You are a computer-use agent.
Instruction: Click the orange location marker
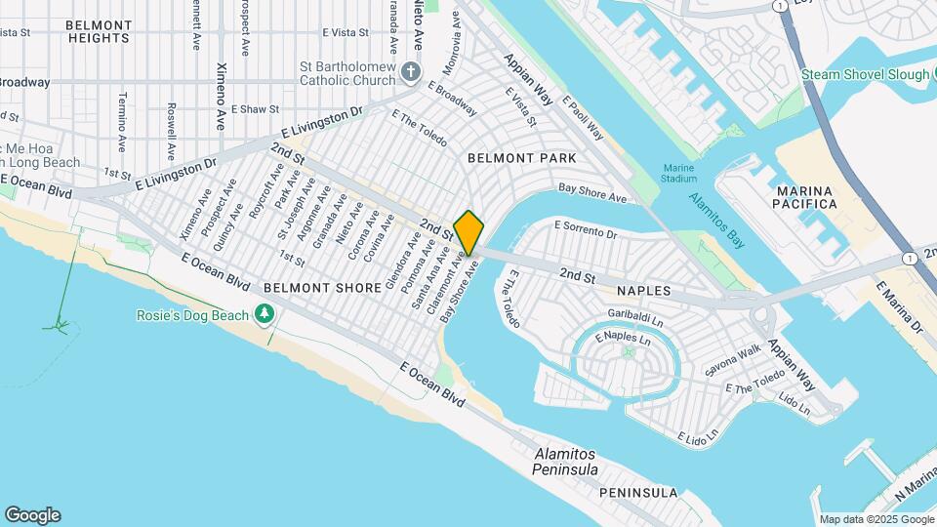(x=468, y=232)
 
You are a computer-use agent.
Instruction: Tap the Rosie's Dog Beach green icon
(x=263, y=313)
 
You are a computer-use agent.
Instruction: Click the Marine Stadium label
(x=678, y=172)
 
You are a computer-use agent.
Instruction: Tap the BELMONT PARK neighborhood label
(x=521, y=158)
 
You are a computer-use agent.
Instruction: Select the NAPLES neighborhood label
(x=643, y=291)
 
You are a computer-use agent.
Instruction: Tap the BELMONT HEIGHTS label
(x=99, y=31)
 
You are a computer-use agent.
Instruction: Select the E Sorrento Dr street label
(x=586, y=230)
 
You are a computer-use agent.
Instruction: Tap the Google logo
(x=32, y=515)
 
